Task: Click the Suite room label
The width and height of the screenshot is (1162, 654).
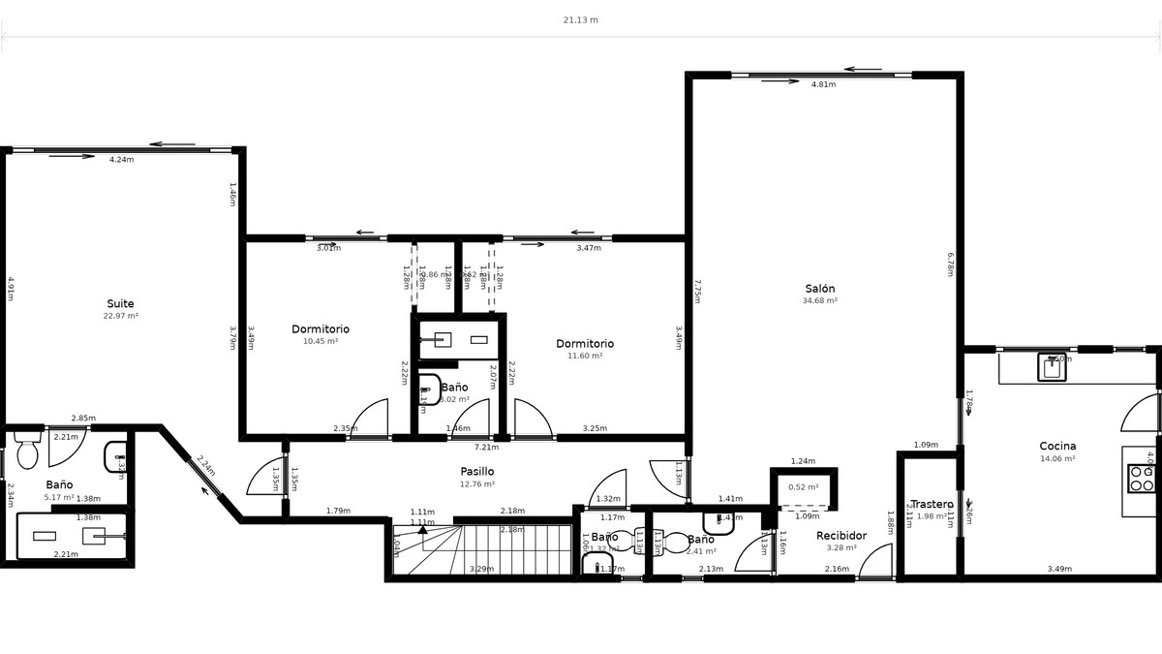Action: click(121, 303)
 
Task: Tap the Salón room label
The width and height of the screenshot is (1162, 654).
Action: click(819, 289)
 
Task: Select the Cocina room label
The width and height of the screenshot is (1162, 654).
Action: click(1057, 447)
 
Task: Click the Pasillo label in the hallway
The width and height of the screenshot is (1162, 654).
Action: click(476, 472)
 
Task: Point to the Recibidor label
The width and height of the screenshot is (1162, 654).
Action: click(841, 536)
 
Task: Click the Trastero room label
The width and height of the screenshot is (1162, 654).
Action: click(932, 505)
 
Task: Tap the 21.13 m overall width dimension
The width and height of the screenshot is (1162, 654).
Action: click(580, 19)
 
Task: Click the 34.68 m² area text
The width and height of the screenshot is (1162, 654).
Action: click(819, 301)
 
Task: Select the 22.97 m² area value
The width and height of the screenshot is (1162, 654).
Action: click(121, 316)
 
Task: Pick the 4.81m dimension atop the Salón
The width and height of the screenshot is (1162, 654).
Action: click(823, 84)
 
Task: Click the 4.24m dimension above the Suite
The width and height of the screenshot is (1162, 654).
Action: click(121, 159)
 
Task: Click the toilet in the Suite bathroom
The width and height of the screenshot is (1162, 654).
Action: click(27, 452)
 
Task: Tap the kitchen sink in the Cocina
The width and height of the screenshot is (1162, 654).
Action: click(1053, 367)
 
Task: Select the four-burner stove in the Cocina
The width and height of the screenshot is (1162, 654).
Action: click(1142, 479)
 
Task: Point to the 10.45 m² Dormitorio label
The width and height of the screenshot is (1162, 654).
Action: click(321, 329)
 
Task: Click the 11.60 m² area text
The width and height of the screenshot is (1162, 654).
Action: click(585, 356)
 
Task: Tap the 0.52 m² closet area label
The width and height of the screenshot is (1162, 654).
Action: click(803, 487)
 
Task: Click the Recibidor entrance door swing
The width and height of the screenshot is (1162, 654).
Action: click(876, 562)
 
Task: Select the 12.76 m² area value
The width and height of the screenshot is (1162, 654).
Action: click(476, 484)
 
